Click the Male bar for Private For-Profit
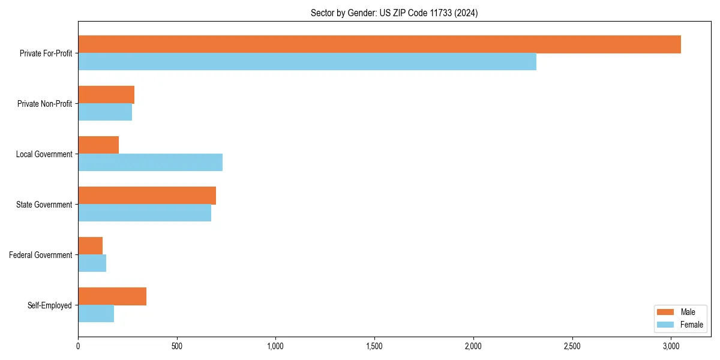[x=379, y=44]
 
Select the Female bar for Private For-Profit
[x=307, y=62]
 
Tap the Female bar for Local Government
[x=150, y=163]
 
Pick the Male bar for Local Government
[x=98, y=145]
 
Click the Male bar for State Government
[x=147, y=196]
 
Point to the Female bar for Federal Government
[x=92, y=263]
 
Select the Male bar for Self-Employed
[x=112, y=296]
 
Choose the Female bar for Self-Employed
[x=96, y=314]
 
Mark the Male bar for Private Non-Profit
[x=106, y=95]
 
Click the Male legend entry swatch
[x=666, y=312]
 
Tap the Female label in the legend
[x=691, y=325]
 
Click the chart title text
[x=394, y=13]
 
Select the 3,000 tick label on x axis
[x=671, y=346]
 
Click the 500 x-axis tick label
[x=176, y=346]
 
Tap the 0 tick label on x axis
[x=78, y=346]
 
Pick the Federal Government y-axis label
[x=41, y=255]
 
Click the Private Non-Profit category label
[x=44, y=104]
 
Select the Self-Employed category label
[x=49, y=305]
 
